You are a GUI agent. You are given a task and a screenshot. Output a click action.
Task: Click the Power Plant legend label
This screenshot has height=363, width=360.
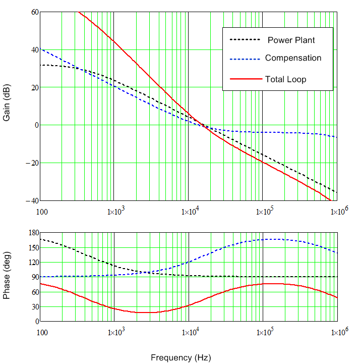point(291,40)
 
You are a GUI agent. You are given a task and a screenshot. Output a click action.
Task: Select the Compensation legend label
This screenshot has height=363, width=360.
point(293,58)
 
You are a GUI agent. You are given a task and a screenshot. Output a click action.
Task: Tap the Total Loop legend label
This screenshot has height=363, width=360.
point(285,79)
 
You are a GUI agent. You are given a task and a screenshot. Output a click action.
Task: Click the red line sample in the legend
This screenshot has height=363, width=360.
point(245,79)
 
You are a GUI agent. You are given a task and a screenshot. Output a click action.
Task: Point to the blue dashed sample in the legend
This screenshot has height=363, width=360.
point(245,59)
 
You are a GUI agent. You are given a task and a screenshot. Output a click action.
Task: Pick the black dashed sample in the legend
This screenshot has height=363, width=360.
point(245,39)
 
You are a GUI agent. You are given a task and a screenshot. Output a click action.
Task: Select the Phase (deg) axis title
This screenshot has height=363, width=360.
point(7,277)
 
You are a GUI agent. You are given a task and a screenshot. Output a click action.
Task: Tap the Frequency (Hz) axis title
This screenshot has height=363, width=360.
point(181,357)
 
